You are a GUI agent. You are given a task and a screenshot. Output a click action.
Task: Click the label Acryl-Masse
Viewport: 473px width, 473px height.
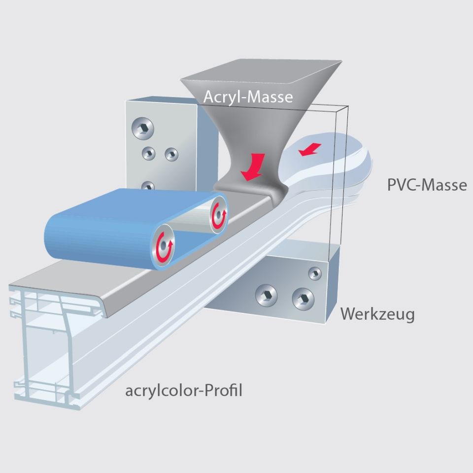pos(248,96)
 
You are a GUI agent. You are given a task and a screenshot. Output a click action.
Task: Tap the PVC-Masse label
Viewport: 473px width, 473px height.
pos(427,185)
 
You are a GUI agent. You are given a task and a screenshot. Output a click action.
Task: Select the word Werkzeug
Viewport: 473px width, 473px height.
pos(377,314)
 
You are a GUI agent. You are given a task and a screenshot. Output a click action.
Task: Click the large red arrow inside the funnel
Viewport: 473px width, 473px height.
pos(254,167)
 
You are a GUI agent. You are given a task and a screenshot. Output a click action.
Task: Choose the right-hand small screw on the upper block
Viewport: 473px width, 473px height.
pos(171,154)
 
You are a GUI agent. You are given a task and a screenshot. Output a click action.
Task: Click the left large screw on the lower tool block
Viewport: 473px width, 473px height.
pos(266,296)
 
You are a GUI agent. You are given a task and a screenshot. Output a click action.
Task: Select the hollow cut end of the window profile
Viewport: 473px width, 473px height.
pos(44,345)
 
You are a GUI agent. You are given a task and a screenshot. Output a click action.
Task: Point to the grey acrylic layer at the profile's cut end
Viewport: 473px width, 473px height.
pos(59,291)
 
